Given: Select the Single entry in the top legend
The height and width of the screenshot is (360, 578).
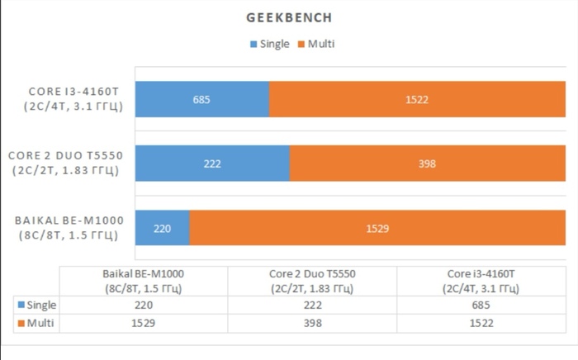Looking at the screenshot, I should [x=268, y=44].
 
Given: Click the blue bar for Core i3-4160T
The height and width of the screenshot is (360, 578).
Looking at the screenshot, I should [x=202, y=100].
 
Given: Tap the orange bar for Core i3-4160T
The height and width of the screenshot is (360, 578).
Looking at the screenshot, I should [x=417, y=100].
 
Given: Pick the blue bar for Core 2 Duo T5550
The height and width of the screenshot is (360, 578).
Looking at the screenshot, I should [x=212, y=163].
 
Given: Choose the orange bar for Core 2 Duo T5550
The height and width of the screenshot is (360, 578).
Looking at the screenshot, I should [x=427, y=163].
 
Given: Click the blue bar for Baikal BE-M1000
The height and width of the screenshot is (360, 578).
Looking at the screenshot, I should [x=163, y=228].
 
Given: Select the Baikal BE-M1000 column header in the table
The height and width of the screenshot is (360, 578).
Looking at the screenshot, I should [x=144, y=281].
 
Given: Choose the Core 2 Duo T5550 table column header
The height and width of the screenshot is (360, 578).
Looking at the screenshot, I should [x=312, y=281].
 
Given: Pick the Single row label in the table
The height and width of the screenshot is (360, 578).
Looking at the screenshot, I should [x=36, y=305].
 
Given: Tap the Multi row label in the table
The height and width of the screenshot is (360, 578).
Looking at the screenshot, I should [x=36, y=323].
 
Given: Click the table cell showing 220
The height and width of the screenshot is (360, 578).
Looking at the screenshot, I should [x=144, y=305].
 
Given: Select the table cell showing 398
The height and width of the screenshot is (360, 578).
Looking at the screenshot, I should [x=312, y=323].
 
